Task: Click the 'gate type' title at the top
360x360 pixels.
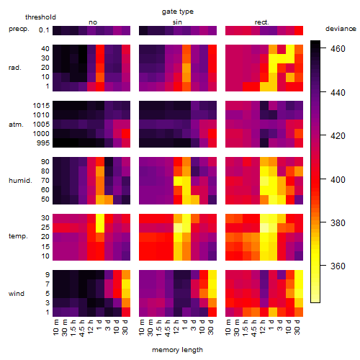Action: click(x=178, y=12)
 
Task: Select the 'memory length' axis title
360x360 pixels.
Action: click(x=177, y=350)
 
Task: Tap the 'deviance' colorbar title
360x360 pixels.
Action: click(x=341, y=29)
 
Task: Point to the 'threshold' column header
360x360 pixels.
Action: click(x=40, y=17)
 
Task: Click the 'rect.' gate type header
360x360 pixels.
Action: click(x=262, y=22)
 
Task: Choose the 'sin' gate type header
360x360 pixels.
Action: click(x=177, y=22)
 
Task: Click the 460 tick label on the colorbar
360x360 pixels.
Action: click(x=338, y=49)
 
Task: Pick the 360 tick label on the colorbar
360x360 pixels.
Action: click(x=338, y=266)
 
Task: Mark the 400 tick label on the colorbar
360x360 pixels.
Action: click(x=338, y=179)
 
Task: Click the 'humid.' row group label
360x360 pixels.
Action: click(x=20, y=181)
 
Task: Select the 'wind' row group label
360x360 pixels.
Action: click(x=17, y=294)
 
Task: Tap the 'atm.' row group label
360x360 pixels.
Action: click(x=16, y=125)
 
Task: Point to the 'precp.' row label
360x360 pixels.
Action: click(x=19, y=29)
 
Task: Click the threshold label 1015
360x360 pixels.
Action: click(x=41, y=106)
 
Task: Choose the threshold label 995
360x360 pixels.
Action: click(x=43, y=143)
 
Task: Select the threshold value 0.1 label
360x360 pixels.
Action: click(x=44, y=30)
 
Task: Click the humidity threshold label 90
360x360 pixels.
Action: click(x=45, y=162)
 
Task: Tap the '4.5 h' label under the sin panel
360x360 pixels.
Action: click(x=167, y=328)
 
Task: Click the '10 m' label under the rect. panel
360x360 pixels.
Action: click(x=228, y=327)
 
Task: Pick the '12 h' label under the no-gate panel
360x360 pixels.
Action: click(x=90, y=327)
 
